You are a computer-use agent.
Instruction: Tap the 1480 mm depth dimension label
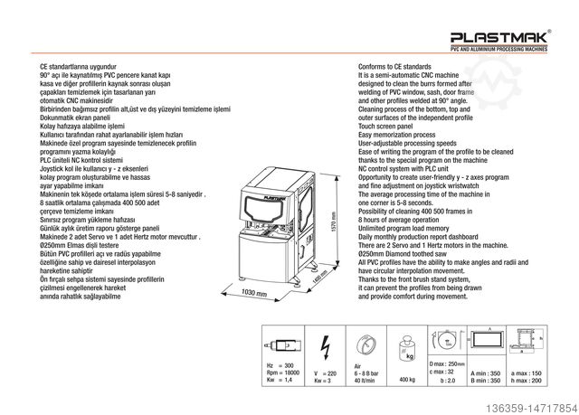(x=318, y=282)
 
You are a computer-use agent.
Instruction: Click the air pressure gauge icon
(x=365, y=344)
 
